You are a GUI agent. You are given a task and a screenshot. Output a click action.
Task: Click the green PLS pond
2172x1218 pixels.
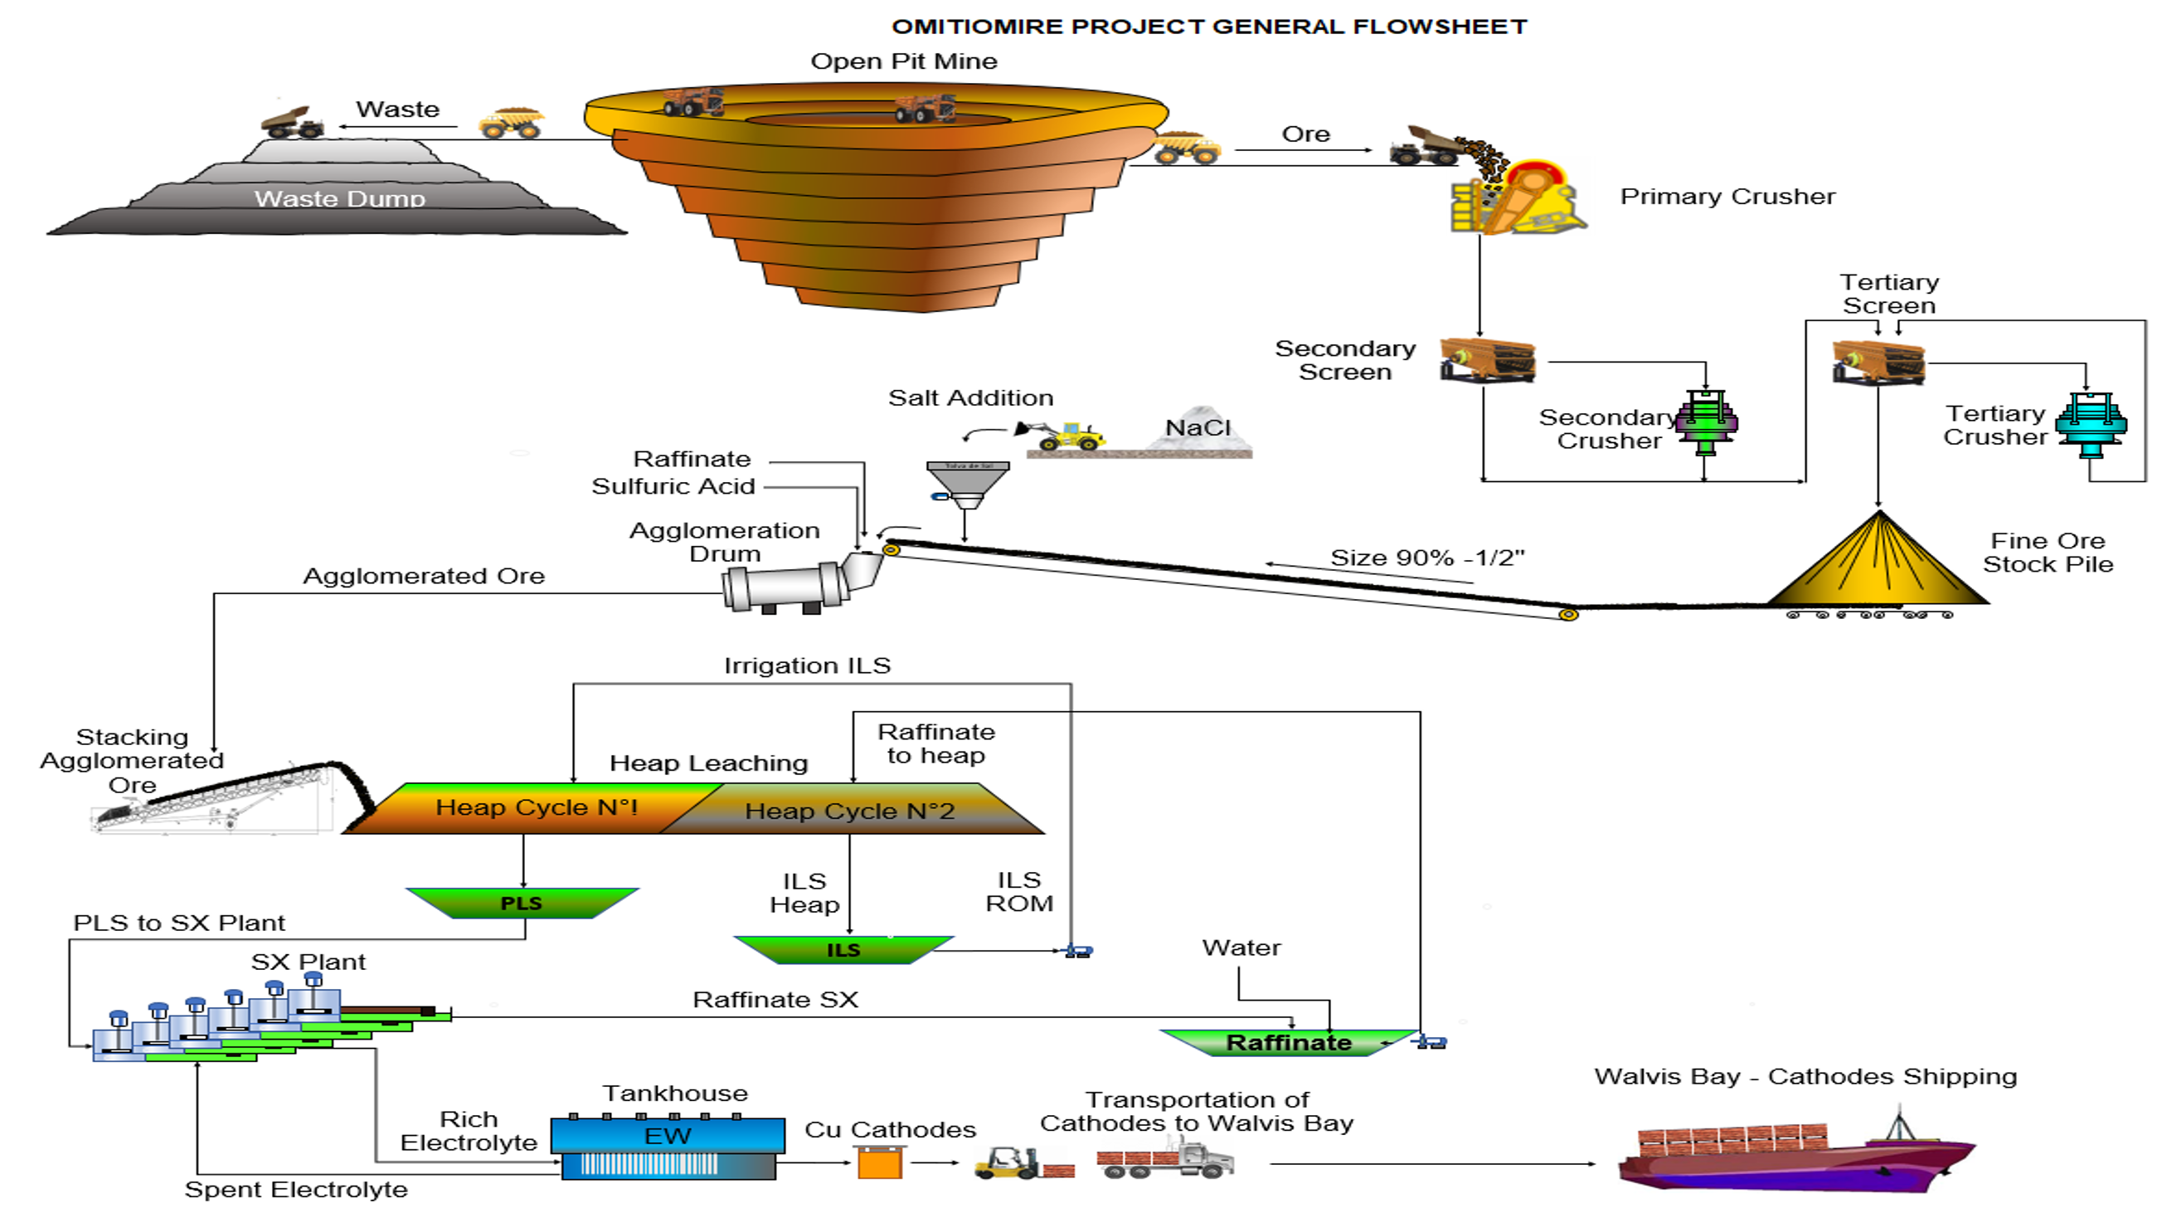(x=522, y=903)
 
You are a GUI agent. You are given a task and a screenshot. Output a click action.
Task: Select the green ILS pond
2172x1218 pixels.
(x=843, y=950)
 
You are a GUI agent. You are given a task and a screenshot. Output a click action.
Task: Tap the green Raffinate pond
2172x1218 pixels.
(x=1289, y=1043)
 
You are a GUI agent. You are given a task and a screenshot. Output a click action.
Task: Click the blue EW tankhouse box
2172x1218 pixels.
(x=668, y=1136)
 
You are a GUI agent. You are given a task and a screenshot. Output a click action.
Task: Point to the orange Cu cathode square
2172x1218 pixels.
(x=879, y=1164)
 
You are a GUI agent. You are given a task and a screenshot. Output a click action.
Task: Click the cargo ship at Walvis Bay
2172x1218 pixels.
(x=1796, y=1156)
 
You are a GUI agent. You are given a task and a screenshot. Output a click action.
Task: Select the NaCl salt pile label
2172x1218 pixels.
(x=1198, y=428)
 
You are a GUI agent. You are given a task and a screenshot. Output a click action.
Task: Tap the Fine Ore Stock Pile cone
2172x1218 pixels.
(x=1878, y=565)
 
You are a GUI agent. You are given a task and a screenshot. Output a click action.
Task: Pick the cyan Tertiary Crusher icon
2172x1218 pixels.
(x=2091, y=423)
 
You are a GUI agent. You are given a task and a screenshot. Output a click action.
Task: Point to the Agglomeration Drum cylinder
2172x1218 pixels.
(x=785, y=587)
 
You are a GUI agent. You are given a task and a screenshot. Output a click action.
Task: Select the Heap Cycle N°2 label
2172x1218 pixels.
(x=850, y=811)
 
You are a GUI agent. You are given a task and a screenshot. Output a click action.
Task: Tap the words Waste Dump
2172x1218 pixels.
(x=340, y=199)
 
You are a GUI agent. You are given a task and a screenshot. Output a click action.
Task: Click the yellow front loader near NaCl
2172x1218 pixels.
(x=1064, y=435)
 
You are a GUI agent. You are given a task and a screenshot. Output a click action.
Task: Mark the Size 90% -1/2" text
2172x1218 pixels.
(x=1427, y=558)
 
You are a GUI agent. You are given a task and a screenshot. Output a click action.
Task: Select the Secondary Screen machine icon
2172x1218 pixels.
(x=1487, y=360)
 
